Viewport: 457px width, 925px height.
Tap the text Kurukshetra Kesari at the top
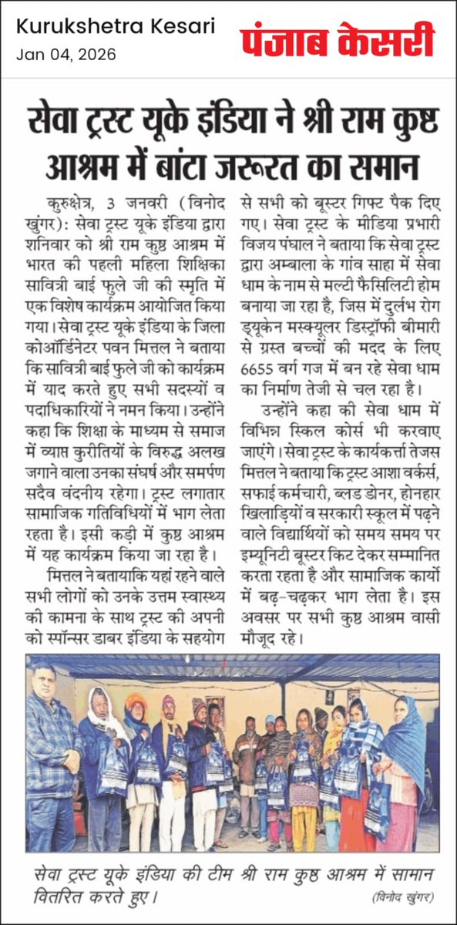pyautogui.click(x=116, y=28)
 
